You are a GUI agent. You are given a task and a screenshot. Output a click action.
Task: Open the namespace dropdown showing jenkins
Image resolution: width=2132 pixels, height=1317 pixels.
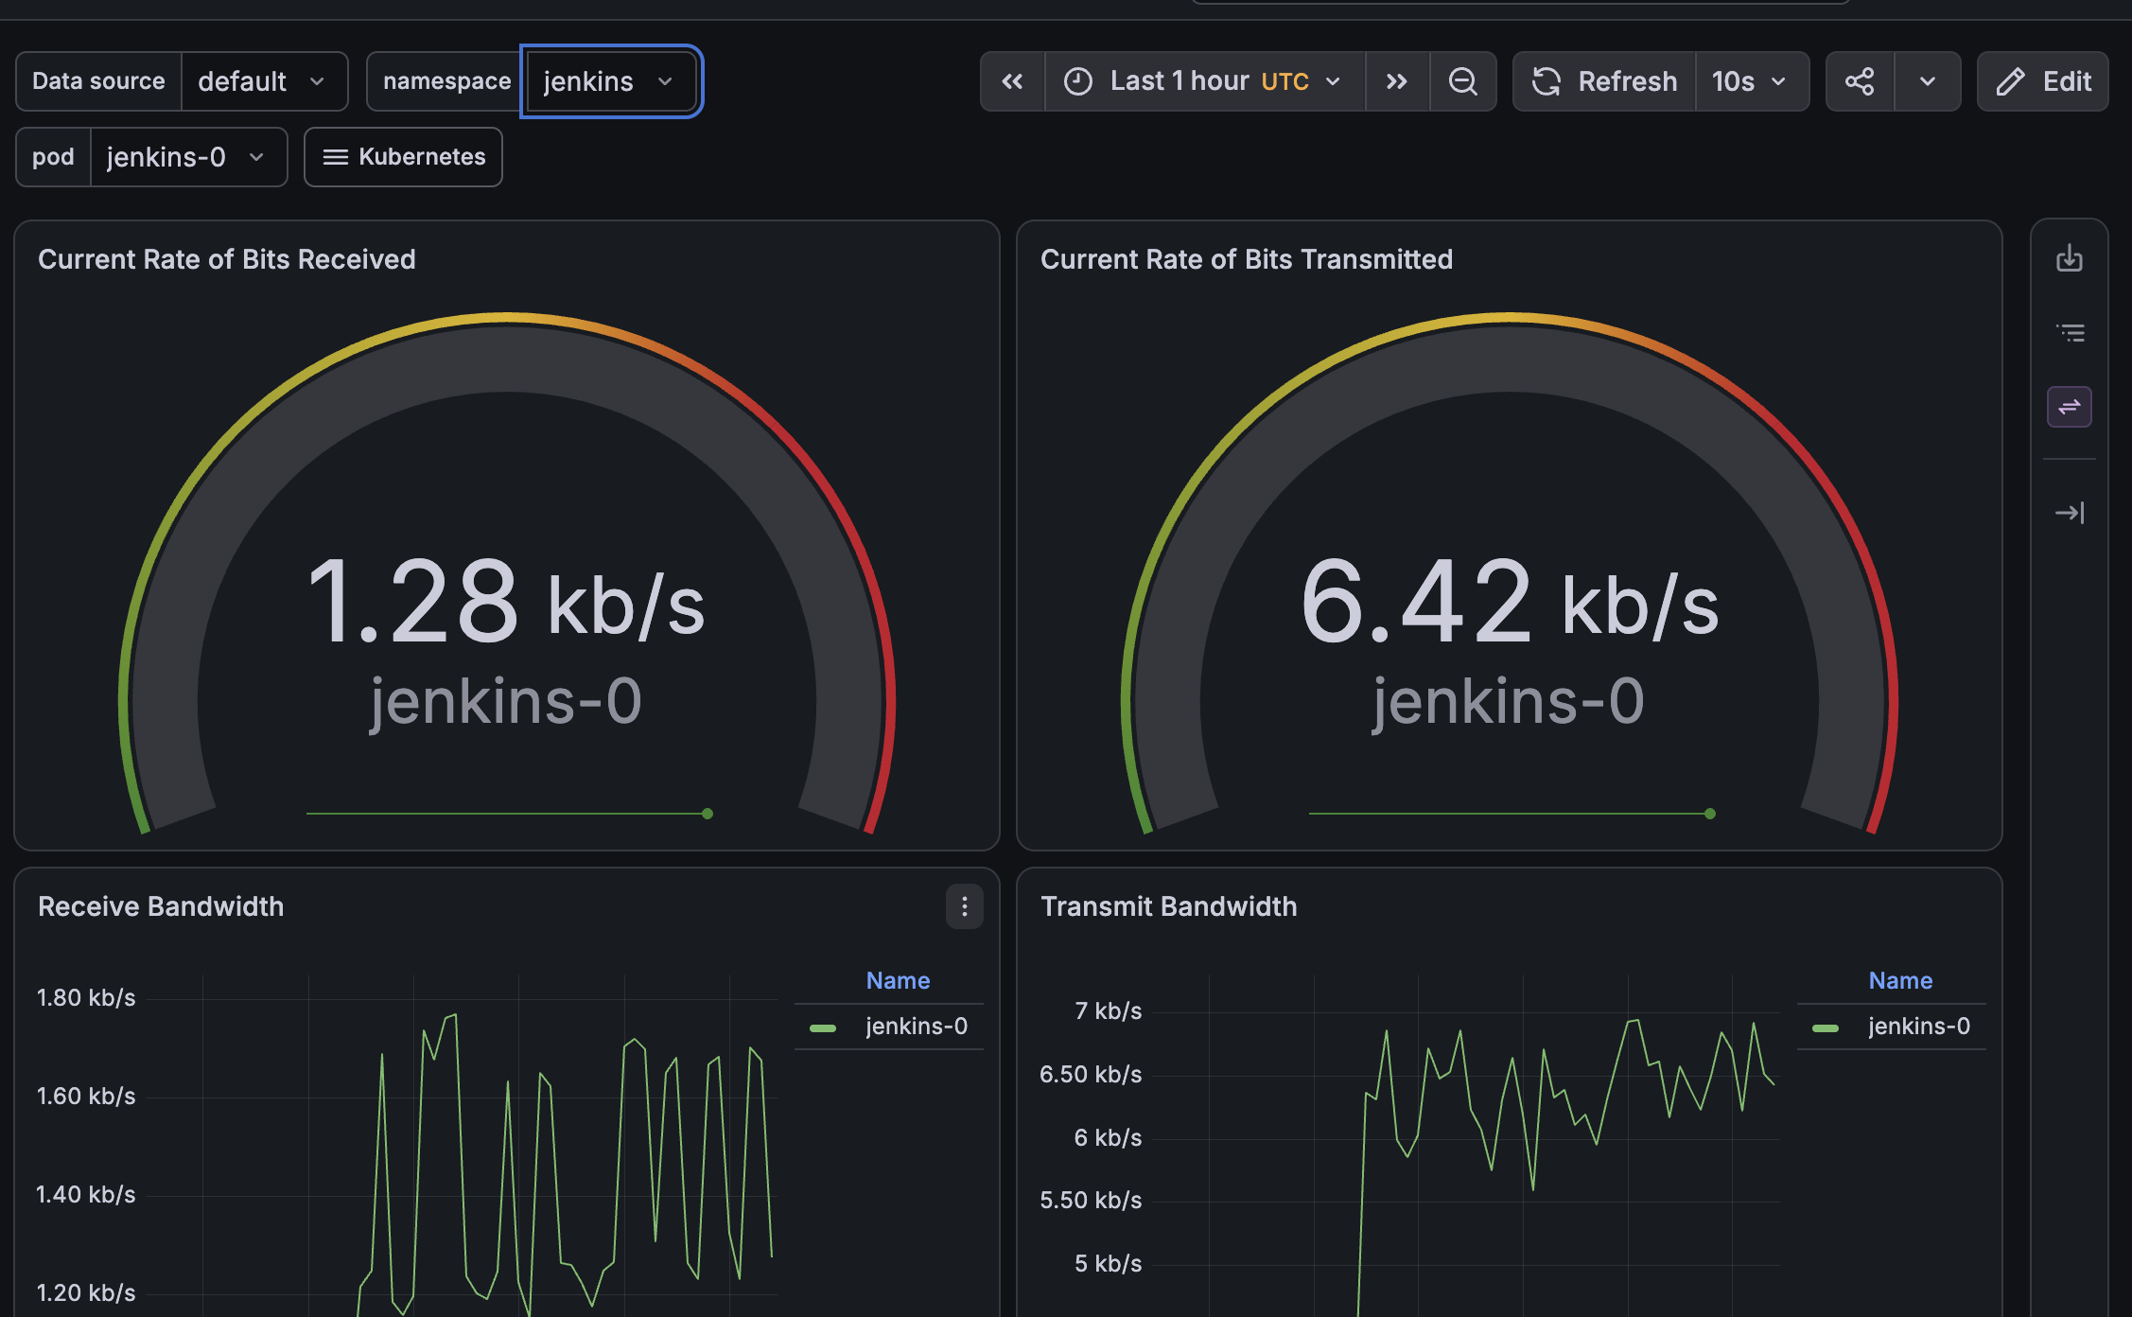click(x=610, y=81)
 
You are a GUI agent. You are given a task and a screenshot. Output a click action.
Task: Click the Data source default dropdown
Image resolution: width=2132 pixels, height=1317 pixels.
click(x=264, y=81)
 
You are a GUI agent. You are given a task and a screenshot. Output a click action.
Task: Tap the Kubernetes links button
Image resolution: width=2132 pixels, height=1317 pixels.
click(x=403, y=157)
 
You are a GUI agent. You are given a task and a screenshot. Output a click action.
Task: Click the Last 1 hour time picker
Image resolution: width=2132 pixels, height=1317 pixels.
click(x=1204, y=81)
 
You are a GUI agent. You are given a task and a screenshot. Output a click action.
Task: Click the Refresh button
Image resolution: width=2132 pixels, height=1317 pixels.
click(x=1604, y=81)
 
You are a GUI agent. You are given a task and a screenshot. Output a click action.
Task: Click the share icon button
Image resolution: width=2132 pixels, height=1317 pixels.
click(x=1860, y=81)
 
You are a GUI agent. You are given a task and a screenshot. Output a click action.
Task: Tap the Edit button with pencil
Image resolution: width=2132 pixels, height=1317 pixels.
click(x=2043, y=81)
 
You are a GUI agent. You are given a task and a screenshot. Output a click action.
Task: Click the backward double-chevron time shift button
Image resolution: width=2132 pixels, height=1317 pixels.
click(x=1012, y=81)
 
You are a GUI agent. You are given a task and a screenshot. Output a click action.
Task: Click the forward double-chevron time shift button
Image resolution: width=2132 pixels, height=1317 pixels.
click(x=1397, y=81)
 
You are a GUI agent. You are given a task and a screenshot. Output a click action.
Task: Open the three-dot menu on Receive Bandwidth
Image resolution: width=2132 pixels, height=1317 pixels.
click(x=965, y=906)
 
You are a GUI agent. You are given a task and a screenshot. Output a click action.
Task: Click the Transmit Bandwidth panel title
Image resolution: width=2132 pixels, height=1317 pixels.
click(x=1169, y=906)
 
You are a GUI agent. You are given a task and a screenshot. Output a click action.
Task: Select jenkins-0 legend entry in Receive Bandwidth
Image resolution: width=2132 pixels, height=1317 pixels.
click(x=889, y=1027)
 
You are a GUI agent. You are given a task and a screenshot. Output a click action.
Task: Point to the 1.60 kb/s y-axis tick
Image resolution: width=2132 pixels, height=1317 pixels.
click(x=86, y=1097)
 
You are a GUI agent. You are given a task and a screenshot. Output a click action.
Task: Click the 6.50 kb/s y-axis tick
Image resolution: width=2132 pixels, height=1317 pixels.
click(x=1091, y=1075)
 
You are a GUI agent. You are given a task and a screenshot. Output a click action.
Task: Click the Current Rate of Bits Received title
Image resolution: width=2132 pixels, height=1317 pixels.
click(x=227, y=259)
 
